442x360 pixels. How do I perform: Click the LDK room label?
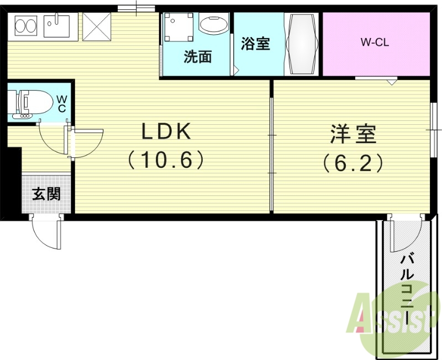[166, 132]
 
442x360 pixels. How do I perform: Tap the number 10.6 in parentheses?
[166, 161]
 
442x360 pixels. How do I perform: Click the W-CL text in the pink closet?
[375, 42]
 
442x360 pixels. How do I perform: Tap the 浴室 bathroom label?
[256, 44]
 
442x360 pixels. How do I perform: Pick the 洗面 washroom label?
[198, 57]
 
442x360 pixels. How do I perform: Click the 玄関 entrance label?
[46, 194]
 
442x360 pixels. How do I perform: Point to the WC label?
[61, 103]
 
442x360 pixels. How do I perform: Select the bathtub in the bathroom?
[301, 44]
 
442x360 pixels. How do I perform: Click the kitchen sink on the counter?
[57, 25]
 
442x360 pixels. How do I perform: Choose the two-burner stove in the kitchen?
[25, 25]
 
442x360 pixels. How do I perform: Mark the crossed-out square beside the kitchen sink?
[97, 25]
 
